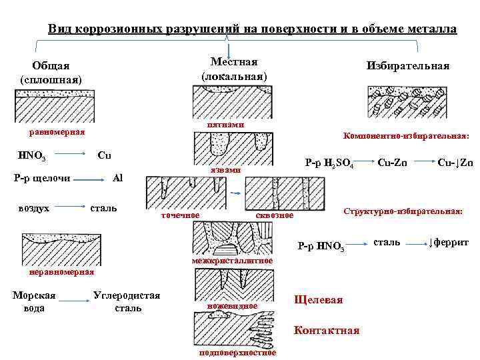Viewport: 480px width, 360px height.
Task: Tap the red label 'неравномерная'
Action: pyautogui.click(x=61, y=272)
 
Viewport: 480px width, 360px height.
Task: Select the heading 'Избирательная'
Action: pyautogui.click(x=407, y=66)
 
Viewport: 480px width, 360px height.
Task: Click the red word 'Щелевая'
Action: pyautogui.click(x=318, y=300)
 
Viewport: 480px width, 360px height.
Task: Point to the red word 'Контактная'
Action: pyautogui.click(x=326, y=330)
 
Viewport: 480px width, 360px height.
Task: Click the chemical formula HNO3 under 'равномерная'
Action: pyautogui.click(x=32, y=157)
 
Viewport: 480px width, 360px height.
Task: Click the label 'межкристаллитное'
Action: pyautogui.click(x=232, y=260)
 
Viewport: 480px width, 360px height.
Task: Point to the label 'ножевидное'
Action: pyautogui.click(x=232, y=305)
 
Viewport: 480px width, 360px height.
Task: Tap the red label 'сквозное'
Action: pyautogui.click(x=275, y=215)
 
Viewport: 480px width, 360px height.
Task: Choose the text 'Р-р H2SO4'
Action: pyautogui.click(x=329, y=163)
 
